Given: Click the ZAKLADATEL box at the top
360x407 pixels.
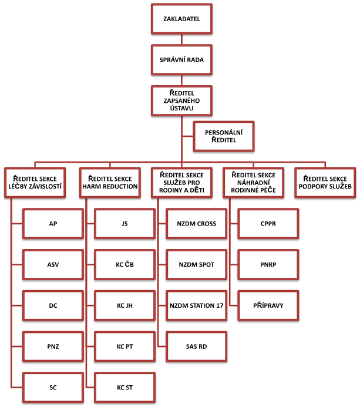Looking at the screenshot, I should point(181,19).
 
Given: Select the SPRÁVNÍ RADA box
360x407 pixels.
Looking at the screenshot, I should point(181,60).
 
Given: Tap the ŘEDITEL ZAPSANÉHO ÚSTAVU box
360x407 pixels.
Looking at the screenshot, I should point(181,100).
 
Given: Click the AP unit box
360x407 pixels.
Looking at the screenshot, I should point(53,223).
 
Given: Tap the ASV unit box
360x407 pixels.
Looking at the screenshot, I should point(53,264).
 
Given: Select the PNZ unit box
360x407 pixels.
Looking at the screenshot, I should point(53,347).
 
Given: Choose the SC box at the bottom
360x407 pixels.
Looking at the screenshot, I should point(53,388).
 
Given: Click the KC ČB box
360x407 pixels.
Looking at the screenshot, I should point(125,264).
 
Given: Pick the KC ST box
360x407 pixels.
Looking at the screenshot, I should point(125,388).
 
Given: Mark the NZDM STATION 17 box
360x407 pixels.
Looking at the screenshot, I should point(196,305).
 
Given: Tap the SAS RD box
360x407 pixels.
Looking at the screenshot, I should point(196,347).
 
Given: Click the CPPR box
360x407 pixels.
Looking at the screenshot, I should point(268,223).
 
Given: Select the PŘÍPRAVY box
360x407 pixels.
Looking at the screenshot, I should point(268,305).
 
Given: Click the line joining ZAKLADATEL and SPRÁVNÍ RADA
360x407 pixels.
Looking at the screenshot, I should point(181,39).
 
